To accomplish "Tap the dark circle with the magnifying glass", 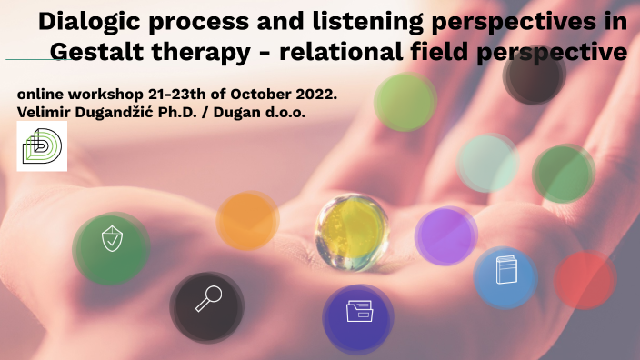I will coord(207,301).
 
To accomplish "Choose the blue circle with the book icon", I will coord(505,274).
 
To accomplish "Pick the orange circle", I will coord(246,221).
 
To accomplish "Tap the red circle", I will coord(585,280).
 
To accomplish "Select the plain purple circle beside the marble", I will coord(445,235).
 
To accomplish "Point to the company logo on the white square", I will coord(42,146).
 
